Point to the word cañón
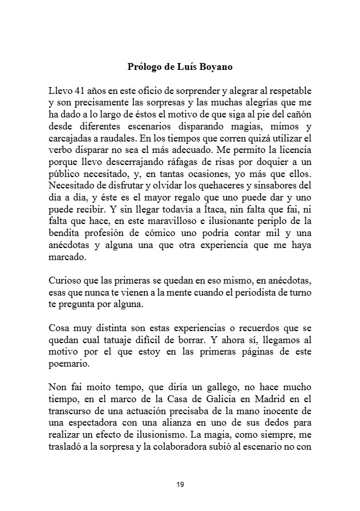click(x=298, y=115)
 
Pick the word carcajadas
click(x=72, y=139)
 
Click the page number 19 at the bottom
click(x=180, y=485)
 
